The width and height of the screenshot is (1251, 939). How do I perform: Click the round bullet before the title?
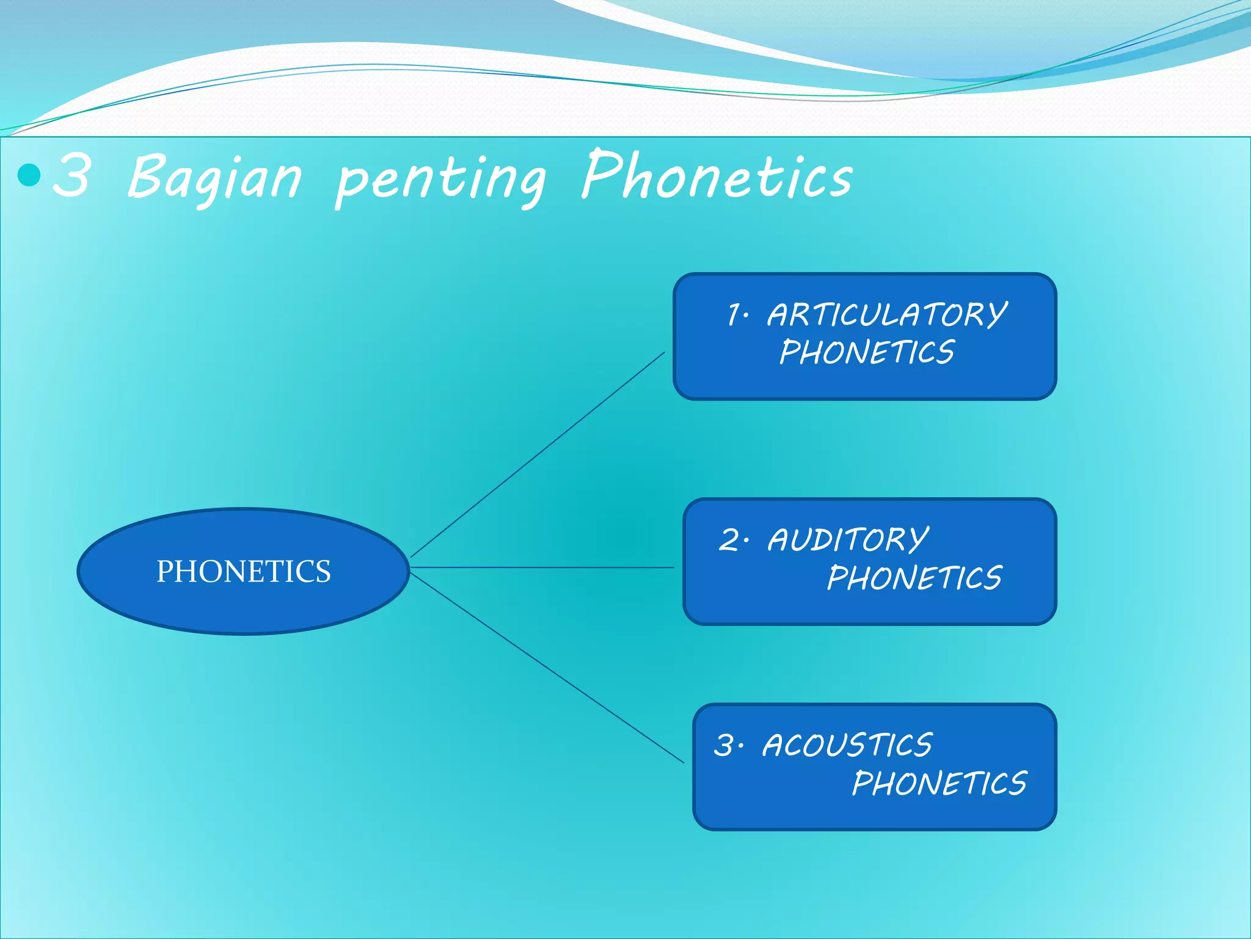[x=29, y=175]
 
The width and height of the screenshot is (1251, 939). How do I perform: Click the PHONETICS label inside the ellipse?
[x=243, y=572]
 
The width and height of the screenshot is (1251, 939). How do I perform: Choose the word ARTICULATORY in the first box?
[x=887, y=315]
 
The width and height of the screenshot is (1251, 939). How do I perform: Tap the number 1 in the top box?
[x=734, y=315]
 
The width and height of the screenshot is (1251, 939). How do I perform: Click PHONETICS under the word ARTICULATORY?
[x=867, y=353]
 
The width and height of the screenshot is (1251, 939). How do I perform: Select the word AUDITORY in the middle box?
[x=848, y=540]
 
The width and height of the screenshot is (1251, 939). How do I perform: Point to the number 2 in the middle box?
[x=729, y=540]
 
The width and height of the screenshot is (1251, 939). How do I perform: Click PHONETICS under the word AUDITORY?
[x=914, y=578]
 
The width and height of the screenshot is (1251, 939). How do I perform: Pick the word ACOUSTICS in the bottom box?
[x=847, y=746]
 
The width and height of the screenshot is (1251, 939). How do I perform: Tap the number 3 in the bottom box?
[x=725, y=746]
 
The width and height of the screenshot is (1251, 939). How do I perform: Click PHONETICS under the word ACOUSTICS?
[x=939, y=784]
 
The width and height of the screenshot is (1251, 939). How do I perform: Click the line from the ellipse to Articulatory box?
[x=538, y=454]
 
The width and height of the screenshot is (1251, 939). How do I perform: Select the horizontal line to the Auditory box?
[x=542, y=567]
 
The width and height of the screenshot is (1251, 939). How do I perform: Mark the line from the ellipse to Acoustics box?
[x=547, y=668]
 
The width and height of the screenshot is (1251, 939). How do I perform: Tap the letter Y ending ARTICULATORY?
[x=994, y=315]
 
